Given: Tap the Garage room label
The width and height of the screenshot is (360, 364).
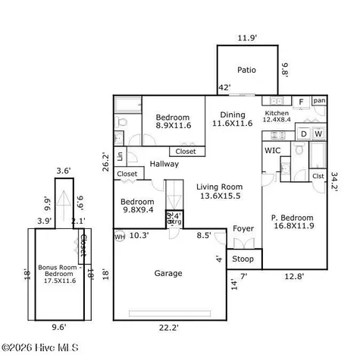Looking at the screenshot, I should [x=167, y=273].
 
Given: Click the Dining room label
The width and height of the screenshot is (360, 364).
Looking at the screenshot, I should [x=231, y=118].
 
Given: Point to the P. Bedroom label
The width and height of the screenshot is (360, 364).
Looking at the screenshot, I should [x=294, y=221].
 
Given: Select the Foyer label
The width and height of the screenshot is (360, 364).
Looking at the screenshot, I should [x=243, y=228].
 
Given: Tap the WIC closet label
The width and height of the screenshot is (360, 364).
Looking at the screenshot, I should [x=273, y=151].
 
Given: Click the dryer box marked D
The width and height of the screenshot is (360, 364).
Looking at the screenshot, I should [x=303, y=134].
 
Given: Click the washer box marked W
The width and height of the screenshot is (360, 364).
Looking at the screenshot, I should [x=318, y=134].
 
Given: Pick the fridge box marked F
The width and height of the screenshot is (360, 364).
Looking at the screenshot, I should [x=300, y=101].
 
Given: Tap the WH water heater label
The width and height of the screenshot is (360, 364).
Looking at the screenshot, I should [x=120, y=237].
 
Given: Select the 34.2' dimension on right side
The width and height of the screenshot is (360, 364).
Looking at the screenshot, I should [x=335, y=182].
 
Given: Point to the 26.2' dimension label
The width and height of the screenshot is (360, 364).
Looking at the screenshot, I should [x=107, y=162].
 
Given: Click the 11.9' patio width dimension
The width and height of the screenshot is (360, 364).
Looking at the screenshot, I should [x=246, y=37].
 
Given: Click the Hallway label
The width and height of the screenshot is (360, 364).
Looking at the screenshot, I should [x=164, y=164].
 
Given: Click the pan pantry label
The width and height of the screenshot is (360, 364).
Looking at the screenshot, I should [x=319, y=100].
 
